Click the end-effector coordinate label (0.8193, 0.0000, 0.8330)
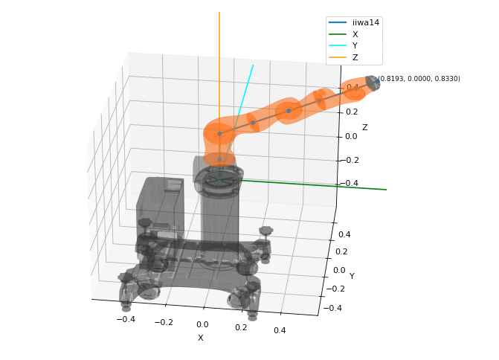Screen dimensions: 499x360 pyautogui.click(x=419, y=79)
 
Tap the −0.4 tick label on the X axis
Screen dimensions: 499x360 pyautogui.click(x=126, y=319)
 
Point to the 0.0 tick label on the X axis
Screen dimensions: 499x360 pyautogui.click(x=202, y=324)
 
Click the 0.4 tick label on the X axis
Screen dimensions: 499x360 pyautogui.click(x=280, y=330)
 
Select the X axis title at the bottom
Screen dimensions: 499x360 pyautogui.click(x=200, y=338)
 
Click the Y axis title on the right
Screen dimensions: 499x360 pyautogui.click(x=352, y=276)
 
